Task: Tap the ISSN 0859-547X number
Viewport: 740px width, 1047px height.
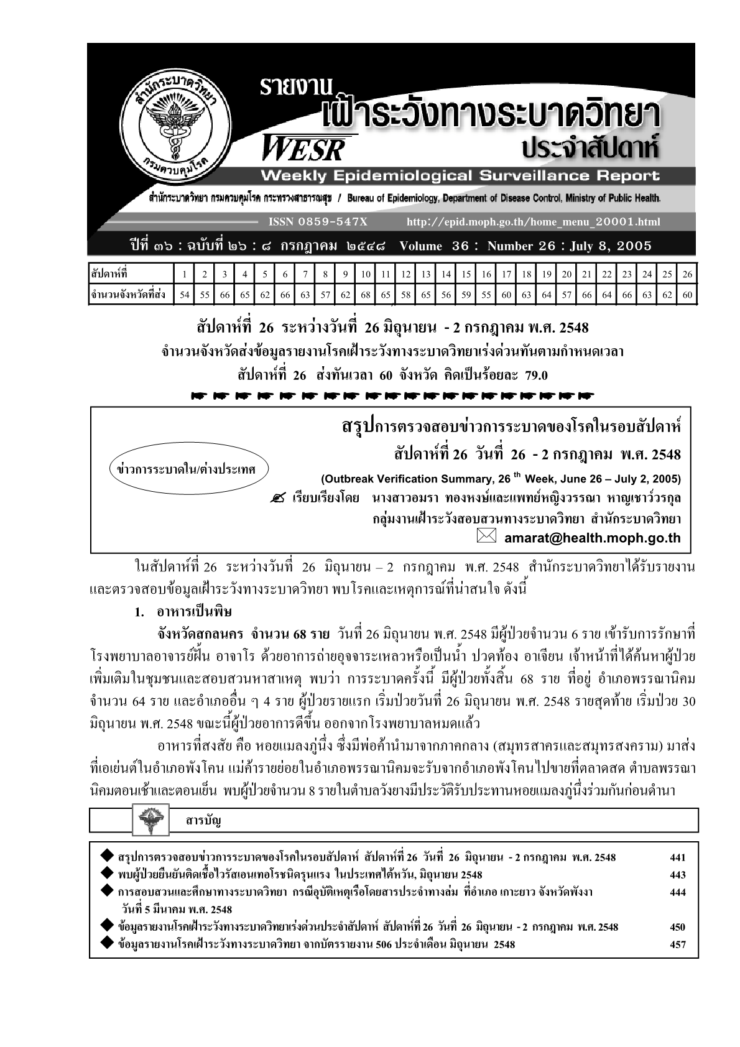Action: (x=317, y=222)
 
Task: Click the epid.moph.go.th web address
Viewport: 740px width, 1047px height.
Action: (x=533, y=222)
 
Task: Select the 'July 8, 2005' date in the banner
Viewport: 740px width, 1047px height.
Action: (x=611, y=246)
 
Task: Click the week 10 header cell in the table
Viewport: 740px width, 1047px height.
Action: (x=366, y=274)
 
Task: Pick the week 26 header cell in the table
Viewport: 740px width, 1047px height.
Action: (x=687, y=274)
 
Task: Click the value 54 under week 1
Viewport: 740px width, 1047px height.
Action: (x=185, y=295)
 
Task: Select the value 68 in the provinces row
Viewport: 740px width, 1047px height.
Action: (x=366, y=295)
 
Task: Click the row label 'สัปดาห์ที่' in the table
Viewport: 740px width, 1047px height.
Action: (x=109, y=274)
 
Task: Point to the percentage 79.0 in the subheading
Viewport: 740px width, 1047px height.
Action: (x=535, y=375)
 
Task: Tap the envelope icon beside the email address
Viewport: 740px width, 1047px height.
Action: (x=486, y=537)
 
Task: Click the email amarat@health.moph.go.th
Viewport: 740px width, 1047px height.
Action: (x=592, y=538)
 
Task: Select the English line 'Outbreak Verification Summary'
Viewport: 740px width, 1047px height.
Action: (x=501, y=479)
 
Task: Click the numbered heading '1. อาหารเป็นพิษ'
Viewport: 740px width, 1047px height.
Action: (x=183, y=612)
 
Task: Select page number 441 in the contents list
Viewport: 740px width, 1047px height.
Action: (x=678, y=857)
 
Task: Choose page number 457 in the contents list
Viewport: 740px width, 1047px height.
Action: (x=678, y=944)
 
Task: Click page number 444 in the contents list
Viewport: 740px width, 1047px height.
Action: (x=678, y=892)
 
